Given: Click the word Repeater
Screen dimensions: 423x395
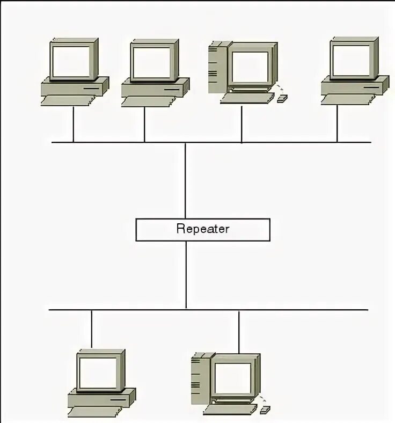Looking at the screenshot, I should click(203, 229).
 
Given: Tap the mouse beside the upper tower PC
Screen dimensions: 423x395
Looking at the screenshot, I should click(282, 98).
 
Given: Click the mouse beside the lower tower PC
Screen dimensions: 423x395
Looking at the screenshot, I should click(265, 410).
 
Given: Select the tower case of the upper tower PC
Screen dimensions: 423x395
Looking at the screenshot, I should click(216, 67).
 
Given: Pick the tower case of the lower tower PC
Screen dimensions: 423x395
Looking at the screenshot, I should click(199, 378).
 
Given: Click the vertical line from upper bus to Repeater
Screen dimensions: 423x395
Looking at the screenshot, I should click(185, 180).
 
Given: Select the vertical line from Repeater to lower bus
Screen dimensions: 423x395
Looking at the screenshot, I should click(186, 275).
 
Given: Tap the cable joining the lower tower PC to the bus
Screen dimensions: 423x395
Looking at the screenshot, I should click(239, 331).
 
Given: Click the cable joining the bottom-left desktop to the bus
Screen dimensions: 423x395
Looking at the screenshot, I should click(92, 329).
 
